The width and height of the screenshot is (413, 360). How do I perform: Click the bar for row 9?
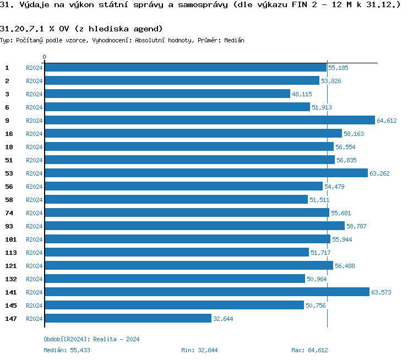tap(209, 121)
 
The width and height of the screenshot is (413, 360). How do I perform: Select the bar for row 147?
tap(128, 319)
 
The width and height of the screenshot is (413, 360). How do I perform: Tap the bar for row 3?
tap(167, 94)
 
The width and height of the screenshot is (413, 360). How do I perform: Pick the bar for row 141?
tap(206, 292)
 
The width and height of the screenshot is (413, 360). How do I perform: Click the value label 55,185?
tap(338, 68)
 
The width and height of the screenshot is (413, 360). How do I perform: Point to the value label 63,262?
tap(380, 173)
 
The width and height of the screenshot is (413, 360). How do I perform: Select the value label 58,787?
tap(356, 226)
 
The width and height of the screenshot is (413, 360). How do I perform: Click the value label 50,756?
tap(316, 306)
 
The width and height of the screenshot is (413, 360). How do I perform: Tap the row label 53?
tap(9, 173)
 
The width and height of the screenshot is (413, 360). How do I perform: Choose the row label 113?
tap(11, 253)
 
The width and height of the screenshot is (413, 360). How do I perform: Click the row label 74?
tap(9, 213)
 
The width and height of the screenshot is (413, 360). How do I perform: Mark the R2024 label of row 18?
tap(34, 147)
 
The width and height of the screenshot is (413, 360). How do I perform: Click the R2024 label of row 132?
tap(34, 279)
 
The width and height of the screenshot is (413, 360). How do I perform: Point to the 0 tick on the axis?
tap(45, 57)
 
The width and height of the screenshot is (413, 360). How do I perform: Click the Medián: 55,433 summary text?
tap(67, 350)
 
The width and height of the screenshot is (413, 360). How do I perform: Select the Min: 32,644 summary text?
tap(199, 350)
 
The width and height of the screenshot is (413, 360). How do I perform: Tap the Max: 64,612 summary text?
tap(309, 350)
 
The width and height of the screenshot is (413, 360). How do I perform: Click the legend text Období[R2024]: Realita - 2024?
tap(91, 339)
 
